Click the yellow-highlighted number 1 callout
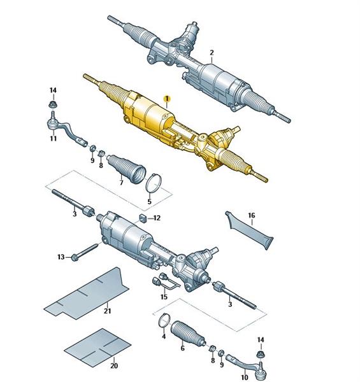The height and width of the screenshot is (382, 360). click(167, 99)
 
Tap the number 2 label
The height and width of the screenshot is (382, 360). click(212, 53)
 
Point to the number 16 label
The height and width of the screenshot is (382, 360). click(252, 215)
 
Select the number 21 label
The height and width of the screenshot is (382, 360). click(107, 311)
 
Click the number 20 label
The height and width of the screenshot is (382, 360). click(114, 365)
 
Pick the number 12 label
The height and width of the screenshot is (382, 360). click(157, 218)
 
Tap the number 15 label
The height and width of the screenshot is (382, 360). click(164, 297)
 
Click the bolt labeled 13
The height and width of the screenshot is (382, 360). click(85, 251)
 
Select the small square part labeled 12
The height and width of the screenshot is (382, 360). click(143, 218)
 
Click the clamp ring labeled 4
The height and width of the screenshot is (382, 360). click(164, 320)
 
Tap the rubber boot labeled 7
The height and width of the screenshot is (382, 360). click(126, 169)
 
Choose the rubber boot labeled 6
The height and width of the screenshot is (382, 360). click(188, 334)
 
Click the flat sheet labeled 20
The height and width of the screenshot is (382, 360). click(97, 346)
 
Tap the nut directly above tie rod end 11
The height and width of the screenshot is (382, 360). click(52, 105)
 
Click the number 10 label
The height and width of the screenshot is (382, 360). click(245, 378)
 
